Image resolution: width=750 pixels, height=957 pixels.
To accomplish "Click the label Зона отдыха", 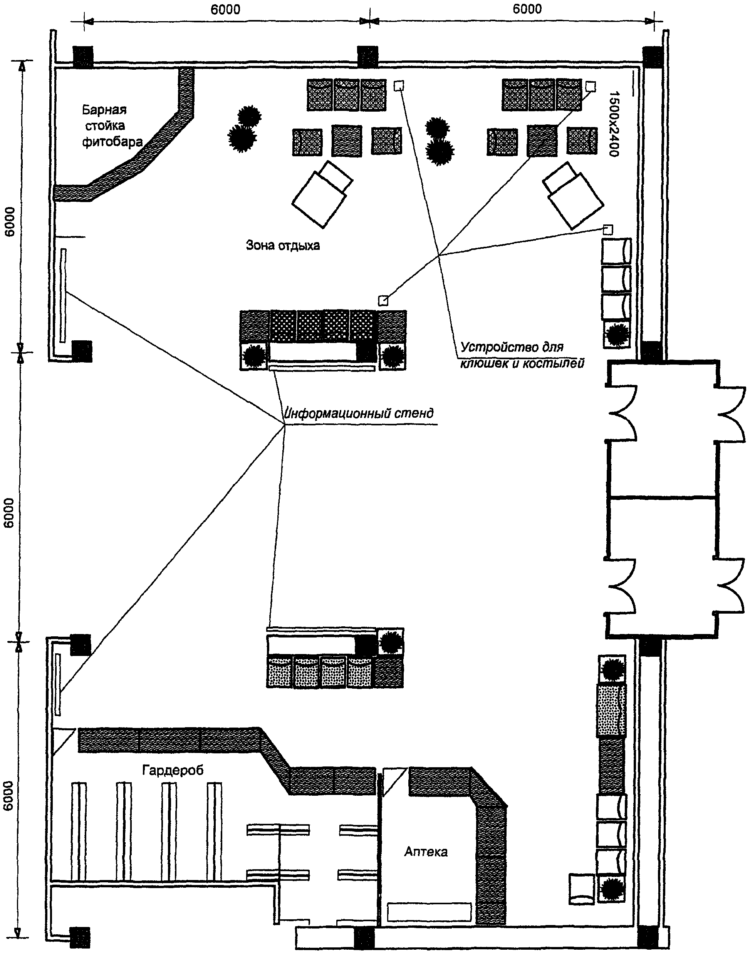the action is tap(283, 245).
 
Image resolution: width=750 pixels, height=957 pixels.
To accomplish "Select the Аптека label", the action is tap(426, 851).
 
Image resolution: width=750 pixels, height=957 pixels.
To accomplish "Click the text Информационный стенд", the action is tap(359, 413).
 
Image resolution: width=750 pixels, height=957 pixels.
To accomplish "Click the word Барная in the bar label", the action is tap(104, 110).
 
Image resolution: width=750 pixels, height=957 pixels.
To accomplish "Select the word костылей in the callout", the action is tap(556, 363).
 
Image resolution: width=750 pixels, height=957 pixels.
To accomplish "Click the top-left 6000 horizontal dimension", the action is tap(225, 10).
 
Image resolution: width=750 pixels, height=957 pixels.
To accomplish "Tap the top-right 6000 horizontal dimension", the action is tap(527, 9).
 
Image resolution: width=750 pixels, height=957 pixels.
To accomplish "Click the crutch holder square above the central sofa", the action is tap(383, 301).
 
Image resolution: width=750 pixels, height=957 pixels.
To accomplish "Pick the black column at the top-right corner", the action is tap(652, 57).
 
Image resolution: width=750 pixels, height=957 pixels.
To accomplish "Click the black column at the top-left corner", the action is tap(83, 57).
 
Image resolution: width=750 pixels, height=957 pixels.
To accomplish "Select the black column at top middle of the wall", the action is tap(367, 57).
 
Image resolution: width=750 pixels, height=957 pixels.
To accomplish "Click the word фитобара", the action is tap(112, 142).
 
